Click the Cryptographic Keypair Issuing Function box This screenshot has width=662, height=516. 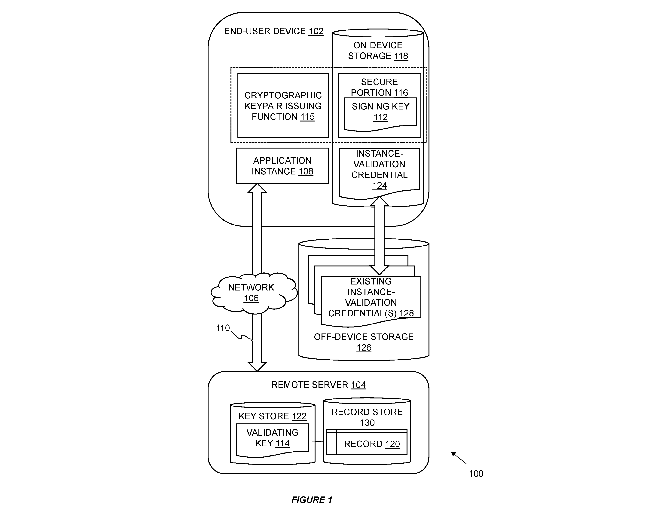(x=283, y=106)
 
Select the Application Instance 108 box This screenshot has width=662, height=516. (x=282, y=166)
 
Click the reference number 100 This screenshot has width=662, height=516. (x=476, y=474)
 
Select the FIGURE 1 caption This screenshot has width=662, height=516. (x=312, y=500)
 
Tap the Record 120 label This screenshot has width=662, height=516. (x=372, y=444)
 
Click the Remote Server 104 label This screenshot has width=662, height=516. (x=318, y=385)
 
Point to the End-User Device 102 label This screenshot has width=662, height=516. (x=273, y=31)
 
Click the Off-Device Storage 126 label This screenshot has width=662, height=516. (x=364, y=342)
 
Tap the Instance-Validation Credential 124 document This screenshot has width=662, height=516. (x=379, y=173)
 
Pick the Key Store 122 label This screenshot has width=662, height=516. (x=273, y=416)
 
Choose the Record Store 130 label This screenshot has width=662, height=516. (x=367, y=417)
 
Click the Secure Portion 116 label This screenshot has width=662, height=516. (x=379, y=87)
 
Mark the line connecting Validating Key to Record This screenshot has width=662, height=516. (x=318, y=441)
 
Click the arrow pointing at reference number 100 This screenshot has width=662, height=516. (x=459, y=458)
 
